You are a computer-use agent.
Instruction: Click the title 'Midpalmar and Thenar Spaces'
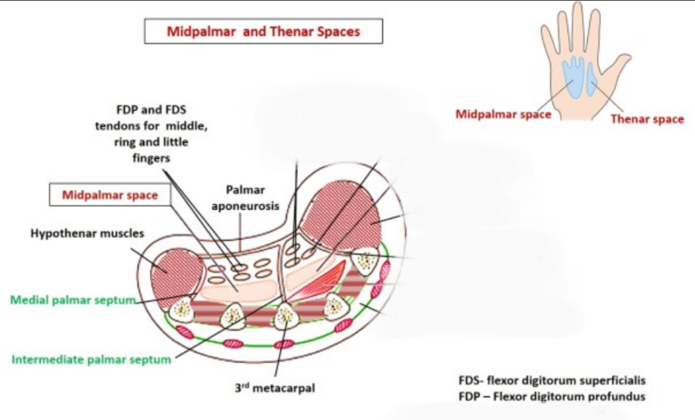(x=263, y=31)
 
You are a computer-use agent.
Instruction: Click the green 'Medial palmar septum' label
(x=73, y=300)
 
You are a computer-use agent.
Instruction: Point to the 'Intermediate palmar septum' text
(x=92, y=359)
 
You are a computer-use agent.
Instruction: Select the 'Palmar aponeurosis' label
(x=245, y=198)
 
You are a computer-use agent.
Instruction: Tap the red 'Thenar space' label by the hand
(x=647, y=119)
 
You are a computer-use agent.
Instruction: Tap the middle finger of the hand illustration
(x=576, y=23)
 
